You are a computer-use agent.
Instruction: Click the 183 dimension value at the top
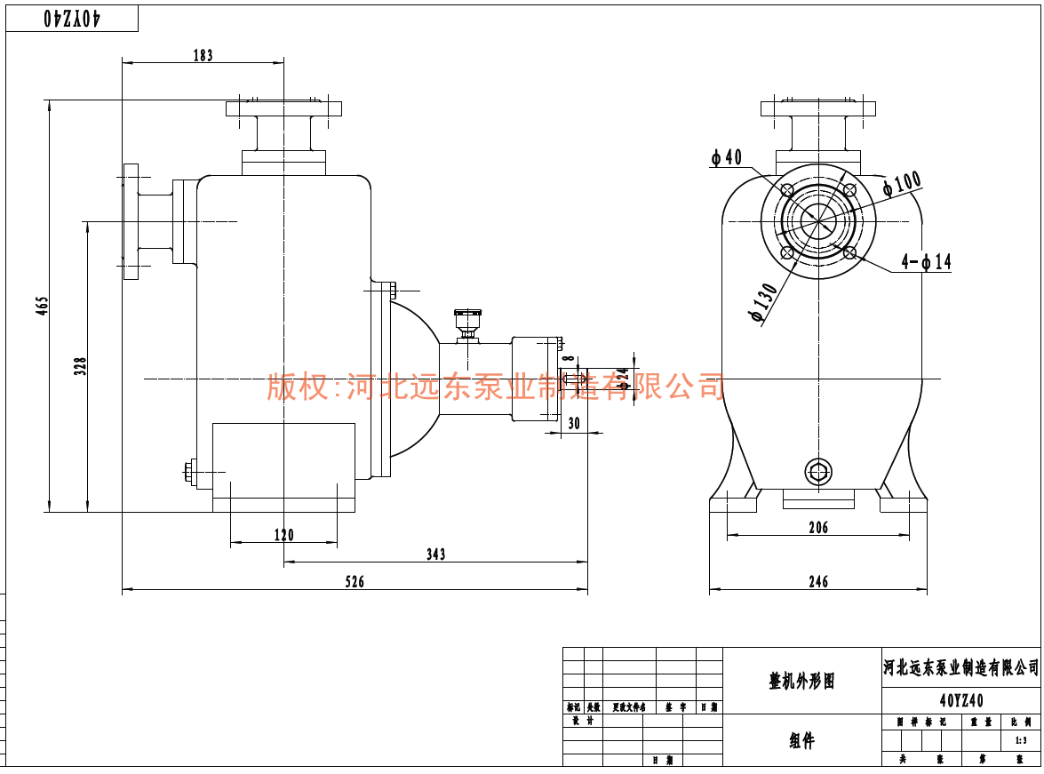pyautogui.click(x=203, y=55)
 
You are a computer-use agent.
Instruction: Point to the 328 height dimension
pyautogui.click(x=80, y=366)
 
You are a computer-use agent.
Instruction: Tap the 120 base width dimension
pyautogui.click(x=283, y=535)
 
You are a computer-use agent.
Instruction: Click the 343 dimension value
pyautogui.click(x=435, y=555)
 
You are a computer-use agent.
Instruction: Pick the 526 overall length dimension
pyautogui.click(x=355, y=582)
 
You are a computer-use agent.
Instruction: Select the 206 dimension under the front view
pyautogui.click(x=818, y=528)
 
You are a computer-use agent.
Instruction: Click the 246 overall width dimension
pyautogui.click(x=818, y=582)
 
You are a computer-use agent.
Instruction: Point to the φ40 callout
pyautogui.click(x=726, y=158)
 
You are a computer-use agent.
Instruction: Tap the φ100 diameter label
pyautogui.click(x=902, y=183)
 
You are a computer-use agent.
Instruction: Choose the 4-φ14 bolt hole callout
pyautogui.click(x=926, y=262)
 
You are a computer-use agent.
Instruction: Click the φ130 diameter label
pyautogui.click(x=763, y=303)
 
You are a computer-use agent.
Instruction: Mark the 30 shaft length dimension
pyautogui.click(x=573, y=424)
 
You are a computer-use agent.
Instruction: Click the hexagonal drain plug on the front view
pyautogui.click(x=817, y=471)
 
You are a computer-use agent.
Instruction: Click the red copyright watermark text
pyautogui.click(x=496, y=387)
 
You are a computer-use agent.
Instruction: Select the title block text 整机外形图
pyautogui.click(x=801, y=682)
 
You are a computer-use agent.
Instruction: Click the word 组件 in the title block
pyautogui.click(x=801, y=741)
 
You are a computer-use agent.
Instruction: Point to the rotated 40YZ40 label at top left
pyautogui.click(x=72, y=18)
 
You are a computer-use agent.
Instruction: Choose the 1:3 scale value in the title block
pyautogui.click(x=1020, y=740)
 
